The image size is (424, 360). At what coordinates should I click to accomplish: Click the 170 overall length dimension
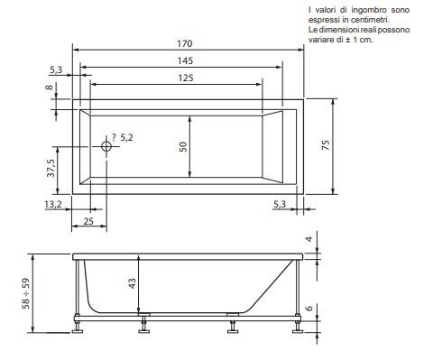[184, 43]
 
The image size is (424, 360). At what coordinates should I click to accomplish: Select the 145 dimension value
[185, 60]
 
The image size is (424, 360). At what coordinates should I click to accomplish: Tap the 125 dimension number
[185, 78]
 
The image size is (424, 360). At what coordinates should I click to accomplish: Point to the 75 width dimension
[326, 145]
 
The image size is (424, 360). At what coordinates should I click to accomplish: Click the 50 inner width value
[183, 146]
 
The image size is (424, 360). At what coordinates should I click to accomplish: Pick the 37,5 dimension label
[51, 168]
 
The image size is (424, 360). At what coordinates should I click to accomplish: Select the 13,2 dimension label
[53, 204]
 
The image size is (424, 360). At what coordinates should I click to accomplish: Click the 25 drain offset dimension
[88, 221]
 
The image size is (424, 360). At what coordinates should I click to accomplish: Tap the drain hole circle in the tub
[106, 146]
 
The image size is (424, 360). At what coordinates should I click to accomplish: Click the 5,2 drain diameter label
[126, 138]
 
